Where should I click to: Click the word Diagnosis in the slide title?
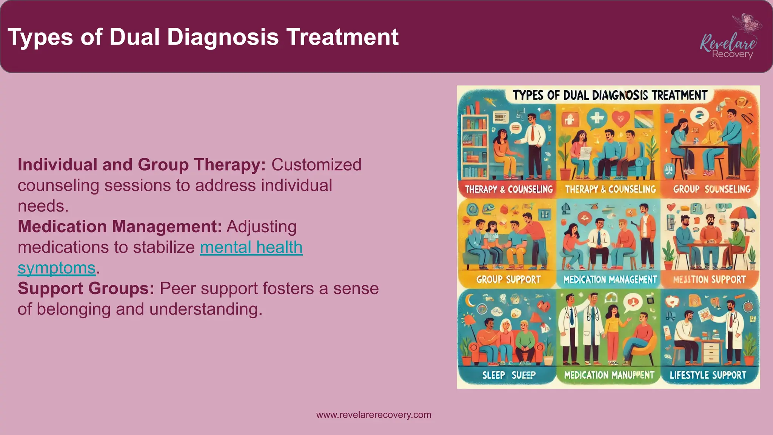pyautogui.click(x=222, y=37)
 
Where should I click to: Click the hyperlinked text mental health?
pyautogui.click(x=251, y=247)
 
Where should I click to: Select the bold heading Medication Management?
pyautogui.click(x=120, y=227)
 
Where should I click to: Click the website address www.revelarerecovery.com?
pyautogui.click(x=373, y=415)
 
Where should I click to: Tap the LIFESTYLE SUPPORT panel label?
pyautogui.click(x=708, y=375)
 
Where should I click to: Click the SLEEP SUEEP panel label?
pyautogui.click(x=508, y=375)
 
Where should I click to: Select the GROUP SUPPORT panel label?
pyautogui.click(x=508, y=279)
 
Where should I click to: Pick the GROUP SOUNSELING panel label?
pyautogui.click(x=711, y=189)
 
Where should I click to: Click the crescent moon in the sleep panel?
pyautogui.click(x=470, y=301)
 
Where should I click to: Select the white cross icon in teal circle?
pyautogui.click(x=596, y=118)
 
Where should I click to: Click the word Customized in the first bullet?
pyautogui.click(x=316, y=165)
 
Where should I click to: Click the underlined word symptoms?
pyautogui.click(x=57, y=268)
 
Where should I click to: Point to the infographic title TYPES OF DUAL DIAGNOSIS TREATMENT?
pyautogui.click(x=609, y=95)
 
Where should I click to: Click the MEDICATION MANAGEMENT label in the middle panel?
pyautogui.click(x=610, y=279)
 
